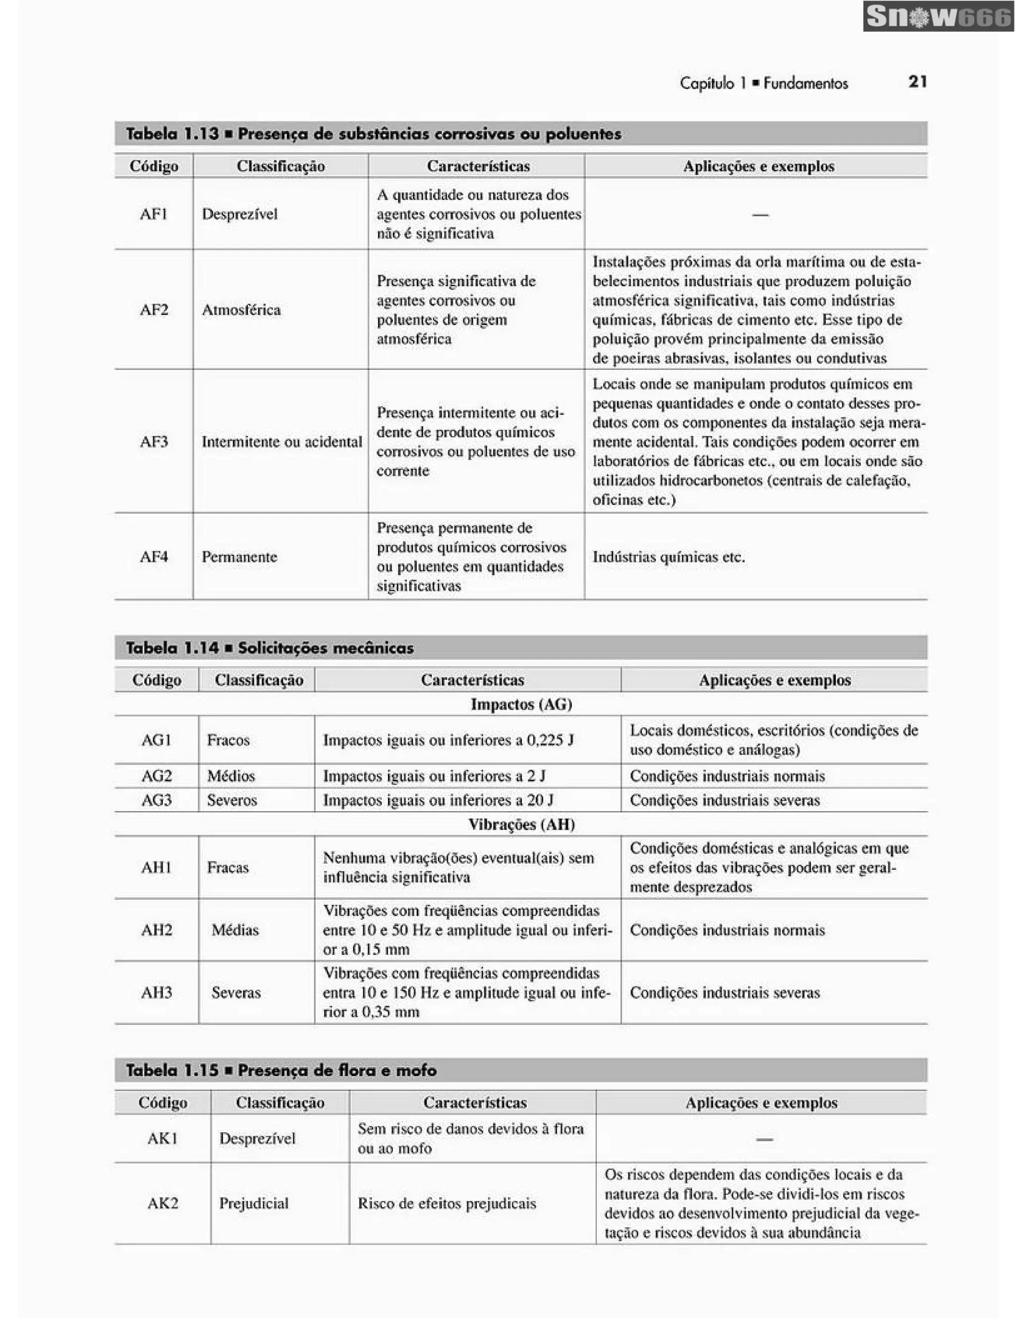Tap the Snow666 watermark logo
pyautogui.click(x=938, y=17)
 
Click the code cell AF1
pyautogui.click(x=153, y=214)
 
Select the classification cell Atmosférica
pyautogui.click(x=241, y=310)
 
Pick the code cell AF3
pyautogui.click(x=153, y=442)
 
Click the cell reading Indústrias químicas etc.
pyautogui.click(x=669, y=557)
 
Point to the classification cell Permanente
pyautogui.click(x=239, y=557)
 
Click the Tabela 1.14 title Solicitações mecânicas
pyautogui.click(x=270, y=648)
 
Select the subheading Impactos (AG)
pyautogui.click(x=521, y=704)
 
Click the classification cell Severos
pyautogui.click(x=232, y=800)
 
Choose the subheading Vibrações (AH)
pyautogui.click(x=521, y=824)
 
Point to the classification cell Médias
pyautogui.click(x=235, y=930)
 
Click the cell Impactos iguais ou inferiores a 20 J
pyautogui.click(x=438, y=800)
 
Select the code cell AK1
pyautogui.click(x=163, y=1139)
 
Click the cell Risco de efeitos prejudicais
pyautogui.click(x=447, y=1204)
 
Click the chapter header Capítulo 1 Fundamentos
pyautogui.click(x=763, y=83)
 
